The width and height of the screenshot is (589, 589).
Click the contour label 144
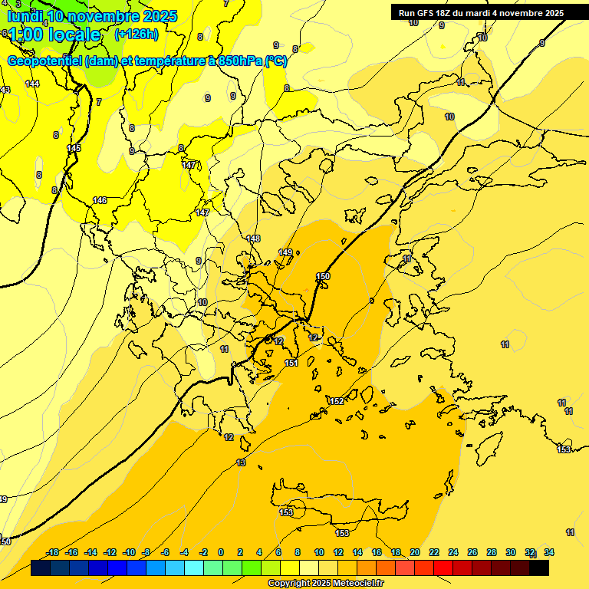click(31, 84)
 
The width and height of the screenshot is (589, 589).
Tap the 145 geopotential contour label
click(74, 148)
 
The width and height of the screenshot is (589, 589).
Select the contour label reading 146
click(100, 200)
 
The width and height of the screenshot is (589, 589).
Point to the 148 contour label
click(254, 239)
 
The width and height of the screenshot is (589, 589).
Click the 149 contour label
click(285, 252)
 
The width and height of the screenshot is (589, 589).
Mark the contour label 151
click(291, 363)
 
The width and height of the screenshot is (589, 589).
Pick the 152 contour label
click(337, 401)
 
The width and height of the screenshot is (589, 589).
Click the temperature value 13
click(241, 462)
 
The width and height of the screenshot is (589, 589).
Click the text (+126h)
click(136, 34)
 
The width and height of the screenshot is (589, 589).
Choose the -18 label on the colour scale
click(53, 552)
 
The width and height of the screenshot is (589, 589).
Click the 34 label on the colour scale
click(548, 552)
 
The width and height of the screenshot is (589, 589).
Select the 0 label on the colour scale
click(220, 552)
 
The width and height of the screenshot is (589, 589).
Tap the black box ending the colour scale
click(539, 568)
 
